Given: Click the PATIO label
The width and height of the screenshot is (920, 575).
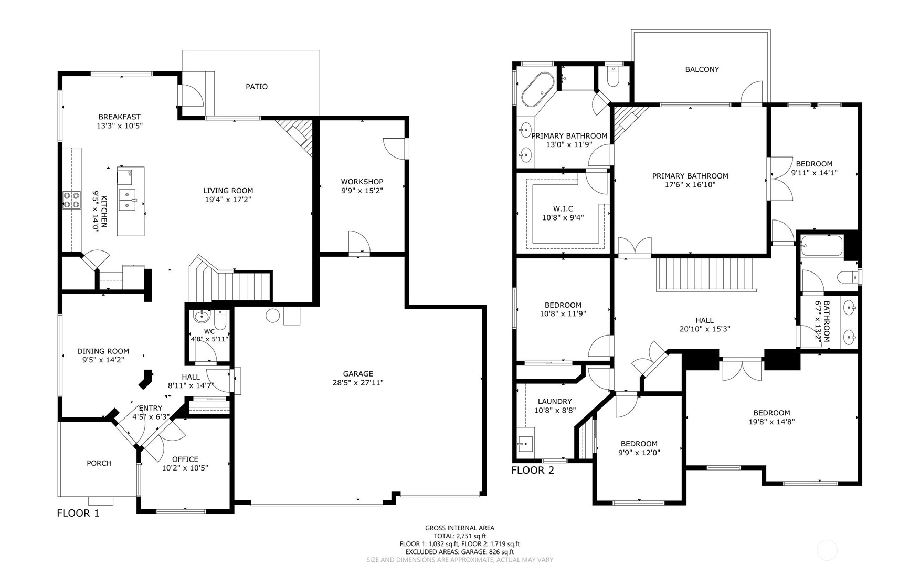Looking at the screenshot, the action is pos(257,87).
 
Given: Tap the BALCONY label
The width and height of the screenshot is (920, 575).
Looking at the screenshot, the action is pos(702,69).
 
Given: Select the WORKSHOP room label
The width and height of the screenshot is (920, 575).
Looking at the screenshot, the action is pos(362,182).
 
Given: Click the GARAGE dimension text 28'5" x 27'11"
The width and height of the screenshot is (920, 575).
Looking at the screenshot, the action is pos(358,383).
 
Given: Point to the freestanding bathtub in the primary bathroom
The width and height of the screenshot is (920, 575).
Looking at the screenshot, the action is pos(537,90).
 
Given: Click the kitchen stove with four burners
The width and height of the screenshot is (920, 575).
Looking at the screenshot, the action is pos(71,200).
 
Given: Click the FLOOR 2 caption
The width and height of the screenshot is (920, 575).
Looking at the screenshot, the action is pos(533,471).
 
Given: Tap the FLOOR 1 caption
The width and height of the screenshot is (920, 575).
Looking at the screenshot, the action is pos(78,514).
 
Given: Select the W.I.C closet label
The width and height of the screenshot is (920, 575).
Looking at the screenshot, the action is pos(563,208).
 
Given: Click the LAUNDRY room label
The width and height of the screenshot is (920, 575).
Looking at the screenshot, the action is pos(555,402).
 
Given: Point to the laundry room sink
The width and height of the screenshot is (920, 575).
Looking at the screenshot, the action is pos(525,444).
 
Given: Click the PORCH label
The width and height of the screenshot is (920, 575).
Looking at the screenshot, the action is pos(99,463).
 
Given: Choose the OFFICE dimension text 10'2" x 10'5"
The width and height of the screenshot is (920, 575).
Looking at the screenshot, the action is pos(185,468).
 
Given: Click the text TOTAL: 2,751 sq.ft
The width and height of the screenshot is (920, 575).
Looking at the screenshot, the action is pos(460,536).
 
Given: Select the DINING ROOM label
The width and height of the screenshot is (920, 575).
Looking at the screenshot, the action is pos(103,351).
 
